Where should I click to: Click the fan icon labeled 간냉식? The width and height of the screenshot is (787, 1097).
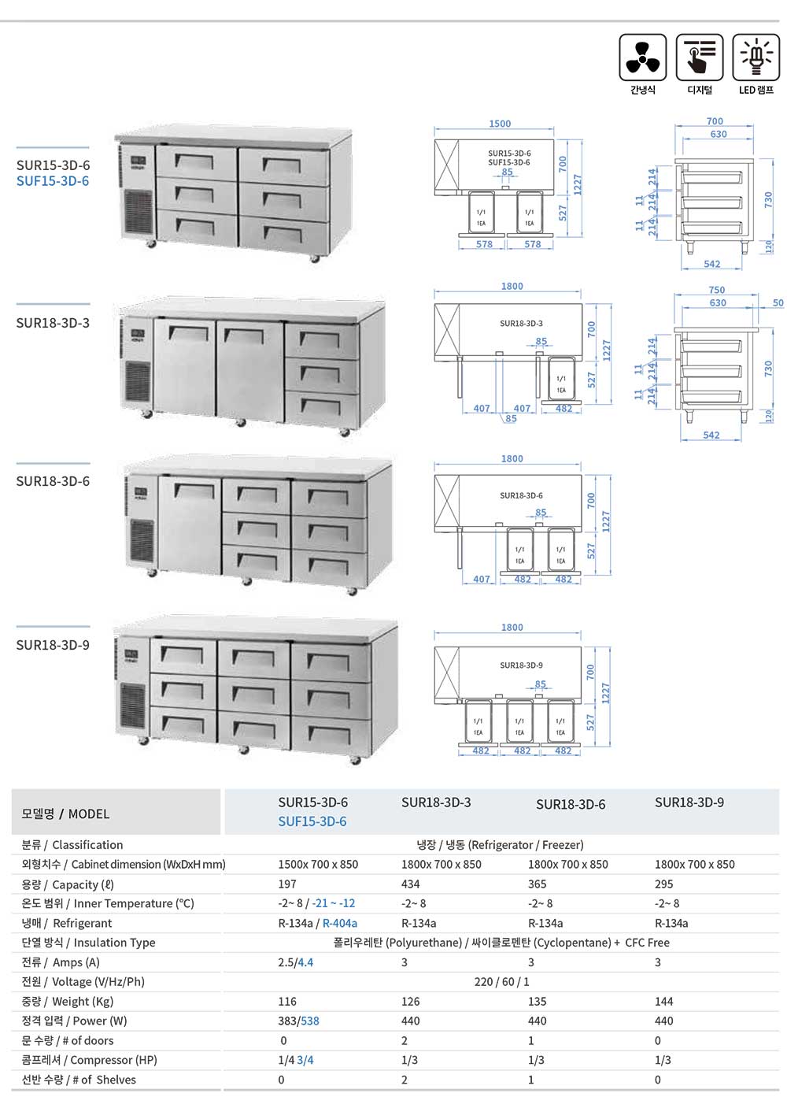(642, 57)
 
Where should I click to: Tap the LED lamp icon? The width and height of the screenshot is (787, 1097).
(756, 57)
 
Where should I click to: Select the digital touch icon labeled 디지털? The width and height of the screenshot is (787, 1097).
(699, 57)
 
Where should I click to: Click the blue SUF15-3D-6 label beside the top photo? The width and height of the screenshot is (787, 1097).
(53, 181)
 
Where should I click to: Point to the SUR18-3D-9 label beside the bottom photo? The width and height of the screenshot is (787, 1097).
(53, 645)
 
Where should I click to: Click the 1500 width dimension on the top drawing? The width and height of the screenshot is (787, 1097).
(500, 124)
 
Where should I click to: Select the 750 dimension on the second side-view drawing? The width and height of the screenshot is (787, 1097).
(716, 290)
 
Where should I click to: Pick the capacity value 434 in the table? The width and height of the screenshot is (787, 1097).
(411, 884)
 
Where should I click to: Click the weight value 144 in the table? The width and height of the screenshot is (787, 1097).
(663, 1001)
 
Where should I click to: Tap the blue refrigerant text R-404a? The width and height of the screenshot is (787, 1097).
(340, 923)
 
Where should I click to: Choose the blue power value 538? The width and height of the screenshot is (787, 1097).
(310, 1021)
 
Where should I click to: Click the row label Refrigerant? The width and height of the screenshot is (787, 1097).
(82, 923)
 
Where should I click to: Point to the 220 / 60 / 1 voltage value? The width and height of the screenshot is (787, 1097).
(501, 981)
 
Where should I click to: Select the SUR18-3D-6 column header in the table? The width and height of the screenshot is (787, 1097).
(571, 804)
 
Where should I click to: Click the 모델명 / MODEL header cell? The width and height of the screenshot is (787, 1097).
(65, 813)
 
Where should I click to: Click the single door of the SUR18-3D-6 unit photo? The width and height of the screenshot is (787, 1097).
(190, 524)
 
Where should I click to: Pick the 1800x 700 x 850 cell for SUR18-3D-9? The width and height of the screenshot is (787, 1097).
(694, 864)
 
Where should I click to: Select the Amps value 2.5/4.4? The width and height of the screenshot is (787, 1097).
(295, 962)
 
